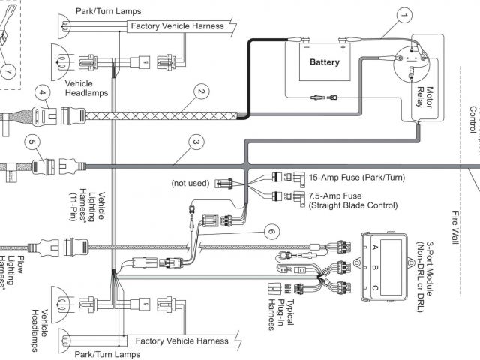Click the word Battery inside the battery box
(x=325, y=62)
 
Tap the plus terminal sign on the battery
(x=343, y=47)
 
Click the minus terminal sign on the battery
(x=307, y=47)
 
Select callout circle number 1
(x=404, y=15)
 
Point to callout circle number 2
(x=202, y=91)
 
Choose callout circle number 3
(x=196, y=142)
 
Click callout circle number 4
(x=43, y=93)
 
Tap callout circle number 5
(x=32, y=142)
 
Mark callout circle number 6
(x=271, y=231)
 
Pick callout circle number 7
(x=8, y=72)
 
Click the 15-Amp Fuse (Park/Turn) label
(x=357, y=178)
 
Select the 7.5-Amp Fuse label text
(x=335, y=196)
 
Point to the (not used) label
(x=190, y=183)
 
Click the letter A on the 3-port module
(x=375, y=247)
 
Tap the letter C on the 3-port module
(x=375, y=288)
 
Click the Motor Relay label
(x=425, y=97)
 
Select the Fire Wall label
(x=456, y=227)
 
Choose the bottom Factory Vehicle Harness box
(x=182, y=340)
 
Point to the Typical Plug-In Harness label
(x=281, y=314)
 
